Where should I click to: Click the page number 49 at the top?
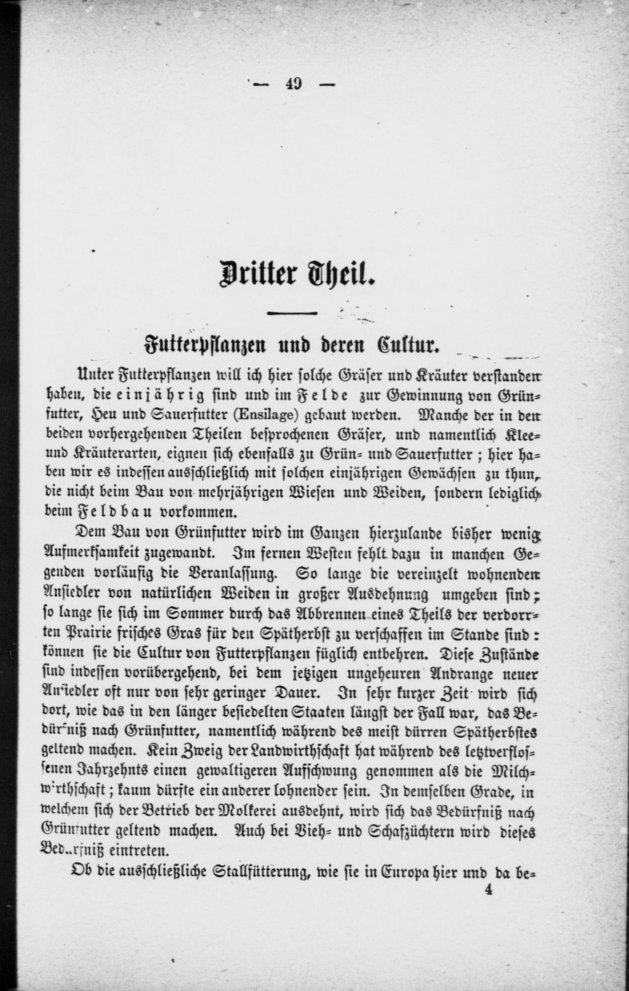tap(293, 84)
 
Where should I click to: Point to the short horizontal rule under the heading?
tap(292, 312)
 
